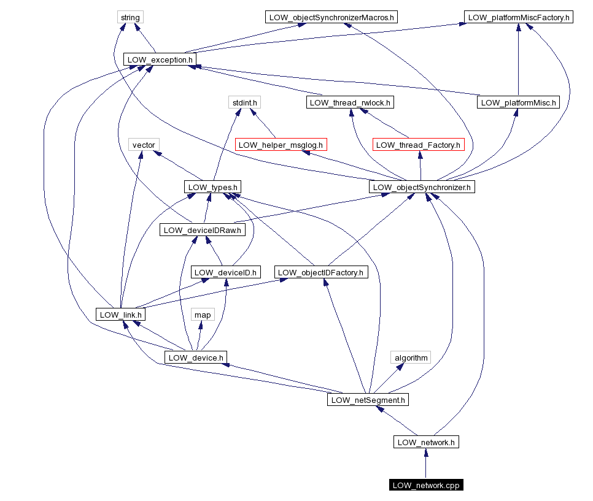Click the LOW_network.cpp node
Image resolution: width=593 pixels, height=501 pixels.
[x=426, y=485]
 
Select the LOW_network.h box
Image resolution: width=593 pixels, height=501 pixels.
[x=426, y=442]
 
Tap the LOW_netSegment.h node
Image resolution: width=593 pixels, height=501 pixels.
[x=368, y=400]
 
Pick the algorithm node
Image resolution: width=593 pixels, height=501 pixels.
[x=411, y=357]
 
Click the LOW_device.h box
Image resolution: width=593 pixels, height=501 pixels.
[x=196, y=357]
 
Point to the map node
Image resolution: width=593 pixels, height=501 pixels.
[x=203, y=315]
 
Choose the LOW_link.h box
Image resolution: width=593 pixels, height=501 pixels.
[x=120, y=315]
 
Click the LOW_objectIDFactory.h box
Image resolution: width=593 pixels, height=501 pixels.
[x=320, y=272]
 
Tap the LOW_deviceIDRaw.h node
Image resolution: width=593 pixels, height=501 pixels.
[x=202, y=230]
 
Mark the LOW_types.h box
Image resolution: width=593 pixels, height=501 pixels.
[x=212, y=187]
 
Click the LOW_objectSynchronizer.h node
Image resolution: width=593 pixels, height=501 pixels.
[x=422, y=187]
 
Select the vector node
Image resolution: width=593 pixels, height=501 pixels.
[x=144, y=145]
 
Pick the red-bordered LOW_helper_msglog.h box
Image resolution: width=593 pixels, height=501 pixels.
[x=281, y=145]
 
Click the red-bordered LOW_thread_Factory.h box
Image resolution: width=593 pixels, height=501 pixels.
[x=418, y=145]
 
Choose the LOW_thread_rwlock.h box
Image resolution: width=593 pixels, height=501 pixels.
[x=350, y=102]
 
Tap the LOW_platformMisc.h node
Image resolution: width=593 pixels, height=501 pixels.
[x=517, y=102]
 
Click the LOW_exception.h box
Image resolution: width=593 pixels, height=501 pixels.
[x=160, y=59]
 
